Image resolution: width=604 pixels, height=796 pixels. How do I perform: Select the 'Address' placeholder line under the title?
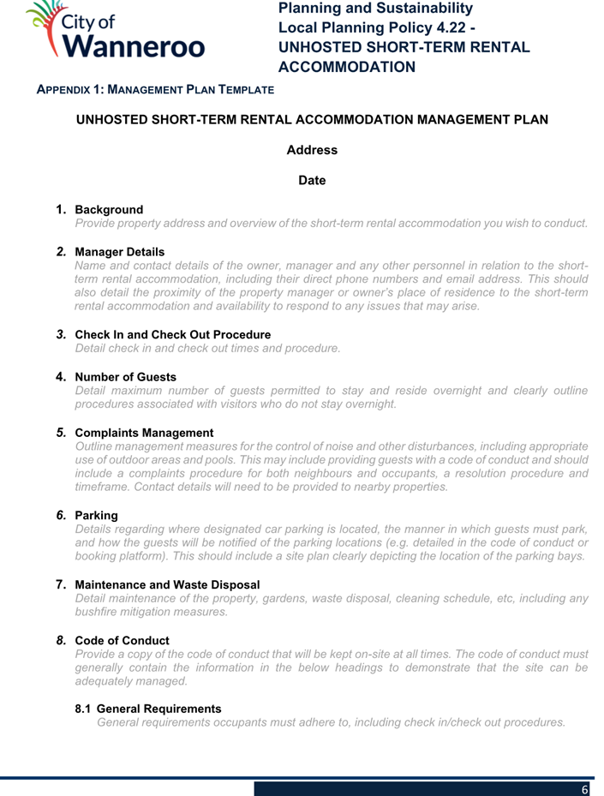(x=312, y=150)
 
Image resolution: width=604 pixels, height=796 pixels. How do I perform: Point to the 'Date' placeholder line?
(x=312, y=180)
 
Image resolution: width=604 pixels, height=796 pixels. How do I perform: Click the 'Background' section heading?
(x=110, y=210)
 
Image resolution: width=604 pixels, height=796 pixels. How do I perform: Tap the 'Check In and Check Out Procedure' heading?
(x=173, y=334)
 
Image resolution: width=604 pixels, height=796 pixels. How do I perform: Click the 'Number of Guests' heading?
(x=126, y=377)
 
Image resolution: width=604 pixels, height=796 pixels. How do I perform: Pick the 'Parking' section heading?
(x=97, y=516)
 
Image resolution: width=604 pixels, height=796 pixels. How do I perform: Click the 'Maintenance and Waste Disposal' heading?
(x=167, y=584)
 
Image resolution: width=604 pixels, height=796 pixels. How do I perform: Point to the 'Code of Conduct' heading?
(x=123, y=641)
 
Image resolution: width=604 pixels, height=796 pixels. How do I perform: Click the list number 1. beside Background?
(x=62, y=209)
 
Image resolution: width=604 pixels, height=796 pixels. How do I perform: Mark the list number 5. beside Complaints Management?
(x=62, y=432)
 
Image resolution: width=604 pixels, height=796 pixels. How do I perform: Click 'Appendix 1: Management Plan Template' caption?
(x=154, y=89)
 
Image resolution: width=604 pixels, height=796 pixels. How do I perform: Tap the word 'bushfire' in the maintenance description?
(x=98, y=612)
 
